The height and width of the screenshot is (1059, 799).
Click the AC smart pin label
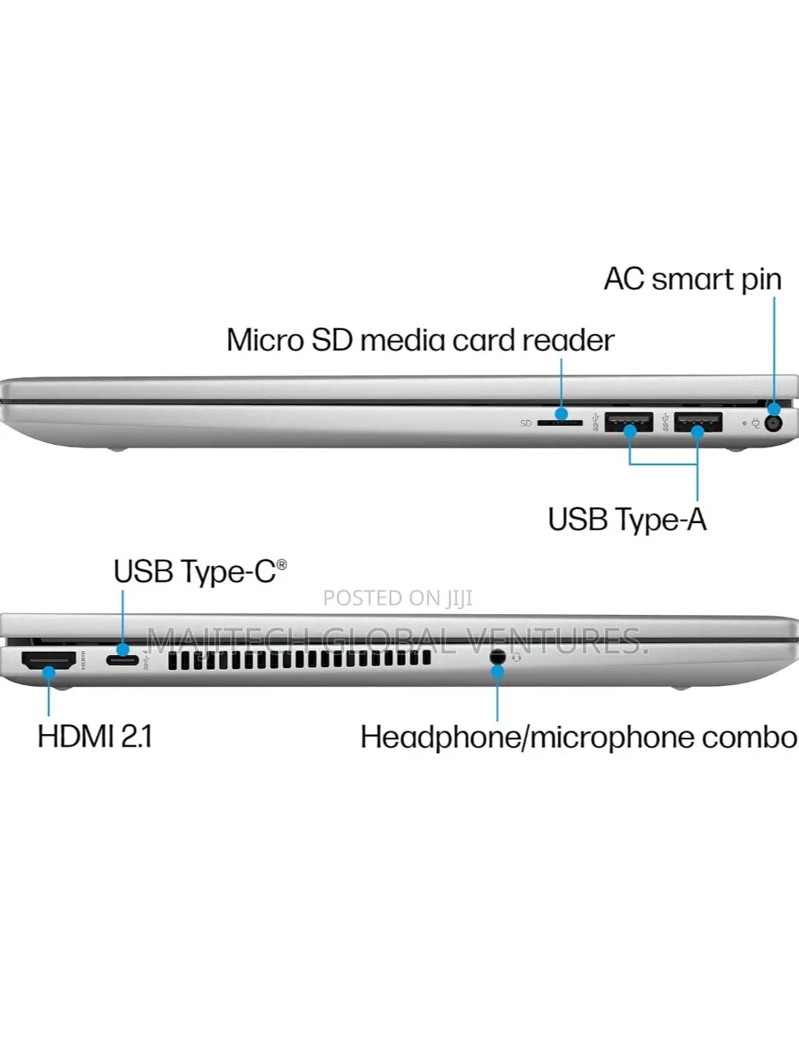[x=692, y=279]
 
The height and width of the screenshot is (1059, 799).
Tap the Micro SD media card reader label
[x=420, y=340]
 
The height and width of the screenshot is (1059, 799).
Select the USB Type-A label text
[x=627, y=520]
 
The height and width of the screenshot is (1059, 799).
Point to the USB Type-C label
[x=200, y=571]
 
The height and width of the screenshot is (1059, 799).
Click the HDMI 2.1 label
[x=95, y=737]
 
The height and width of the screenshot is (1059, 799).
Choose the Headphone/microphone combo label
[x=579, y=739]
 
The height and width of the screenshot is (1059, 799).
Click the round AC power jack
[x=773, y=423]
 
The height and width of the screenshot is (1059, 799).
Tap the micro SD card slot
[x=560, y=423]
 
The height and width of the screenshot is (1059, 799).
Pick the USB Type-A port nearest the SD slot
[x=629, y=422]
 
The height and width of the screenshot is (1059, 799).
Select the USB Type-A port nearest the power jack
[x=698, y=422]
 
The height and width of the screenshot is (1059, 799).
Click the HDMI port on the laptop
[x=49, y=660]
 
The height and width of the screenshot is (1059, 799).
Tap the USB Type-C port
[x=123, y=660]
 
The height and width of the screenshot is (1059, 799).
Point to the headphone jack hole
[x=497, y=656]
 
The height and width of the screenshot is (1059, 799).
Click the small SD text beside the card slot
[x=525, y=423]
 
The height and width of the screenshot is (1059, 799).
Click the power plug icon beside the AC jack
[x=755, y=423]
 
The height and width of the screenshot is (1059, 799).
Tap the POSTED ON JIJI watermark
[x=398, y=598]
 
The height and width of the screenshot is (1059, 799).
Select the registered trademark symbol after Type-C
[x=282, y=565]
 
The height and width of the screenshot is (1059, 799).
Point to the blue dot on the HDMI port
[x=49, y=672]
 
